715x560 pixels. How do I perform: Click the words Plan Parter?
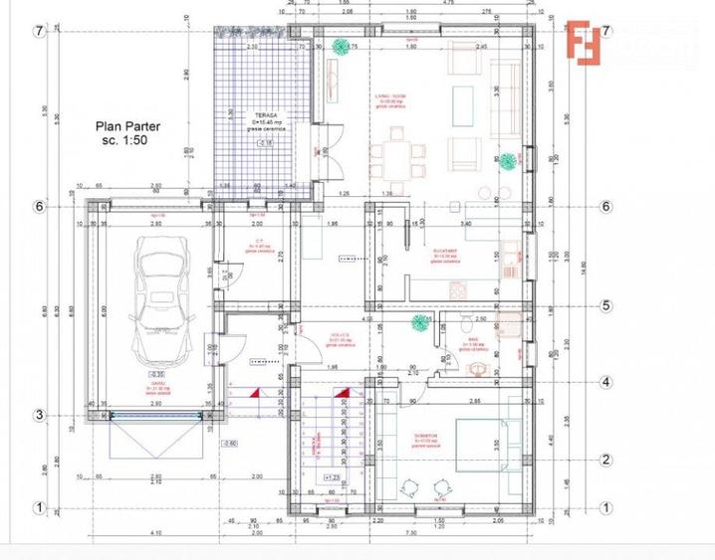pos(126,126)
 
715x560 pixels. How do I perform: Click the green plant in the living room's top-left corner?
pos(342,46)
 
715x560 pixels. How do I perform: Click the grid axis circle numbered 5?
pos(604,305)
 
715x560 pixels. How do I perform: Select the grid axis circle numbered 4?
pos(604,382)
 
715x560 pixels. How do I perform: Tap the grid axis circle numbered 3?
pos(40,416)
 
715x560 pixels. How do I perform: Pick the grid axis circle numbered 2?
pos(604,460)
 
